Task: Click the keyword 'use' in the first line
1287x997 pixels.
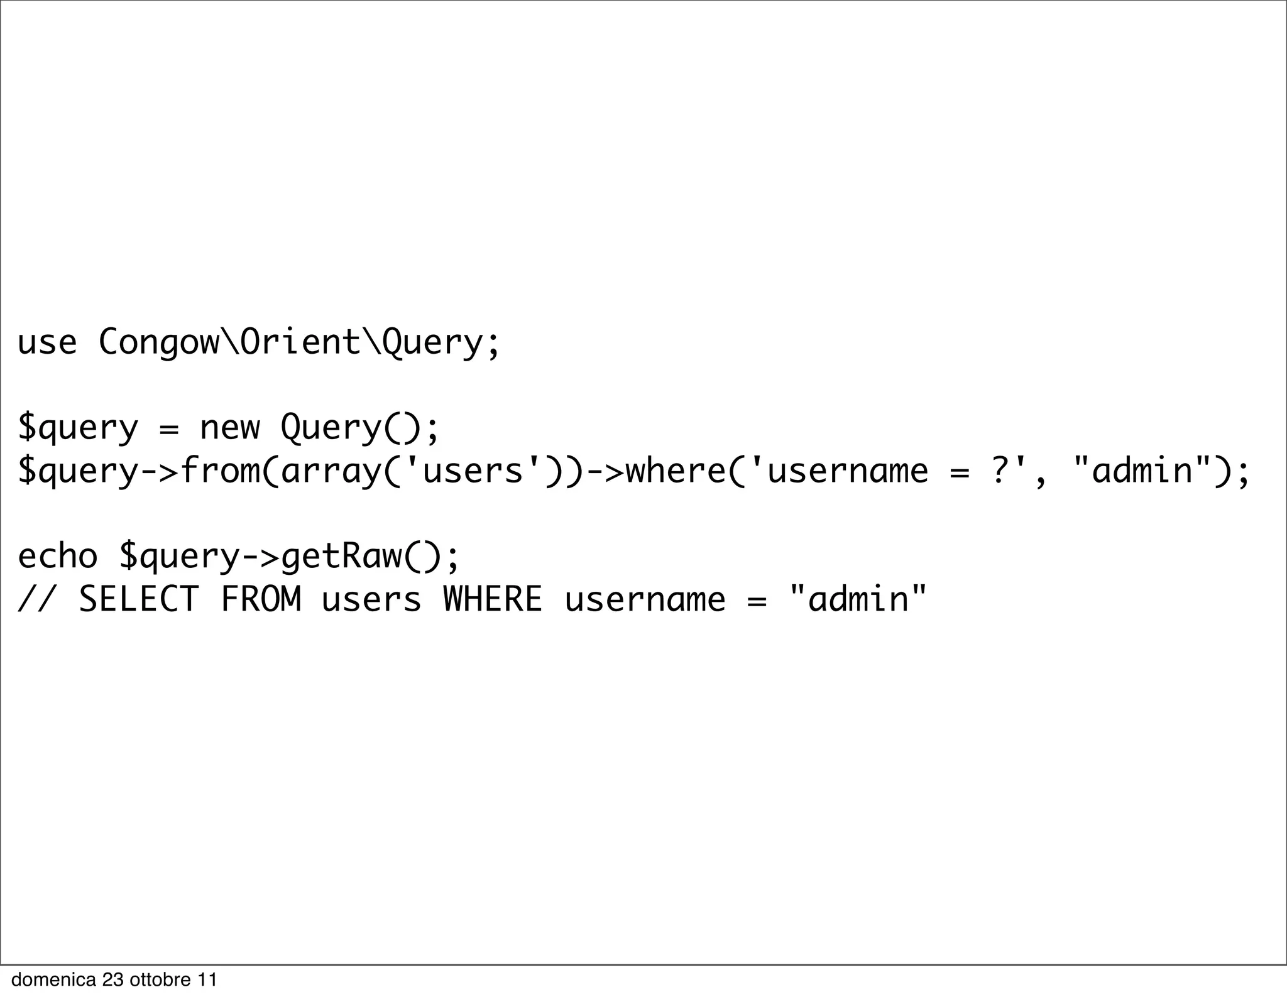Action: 47,343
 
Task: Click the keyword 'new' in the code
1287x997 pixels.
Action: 229,428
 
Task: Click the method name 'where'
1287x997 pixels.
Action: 676,471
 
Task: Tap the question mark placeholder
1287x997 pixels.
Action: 1000,471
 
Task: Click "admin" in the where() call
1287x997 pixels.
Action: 1142,471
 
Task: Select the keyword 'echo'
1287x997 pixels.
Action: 57,556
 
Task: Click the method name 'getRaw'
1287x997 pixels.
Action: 341,556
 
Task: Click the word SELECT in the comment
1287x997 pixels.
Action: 139,599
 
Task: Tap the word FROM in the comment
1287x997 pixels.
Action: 261,599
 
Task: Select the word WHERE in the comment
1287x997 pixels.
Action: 493,599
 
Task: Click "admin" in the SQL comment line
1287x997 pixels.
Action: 858,599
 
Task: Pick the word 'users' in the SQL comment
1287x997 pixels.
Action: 371,599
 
